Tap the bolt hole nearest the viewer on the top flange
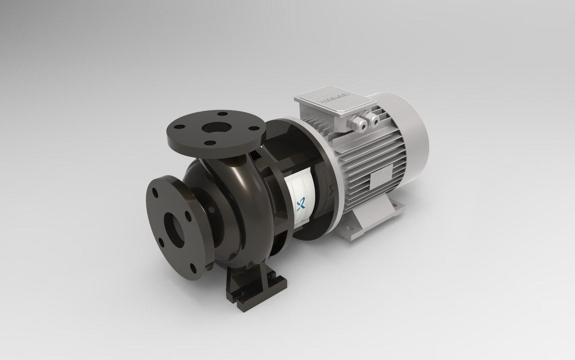[209, 143]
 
